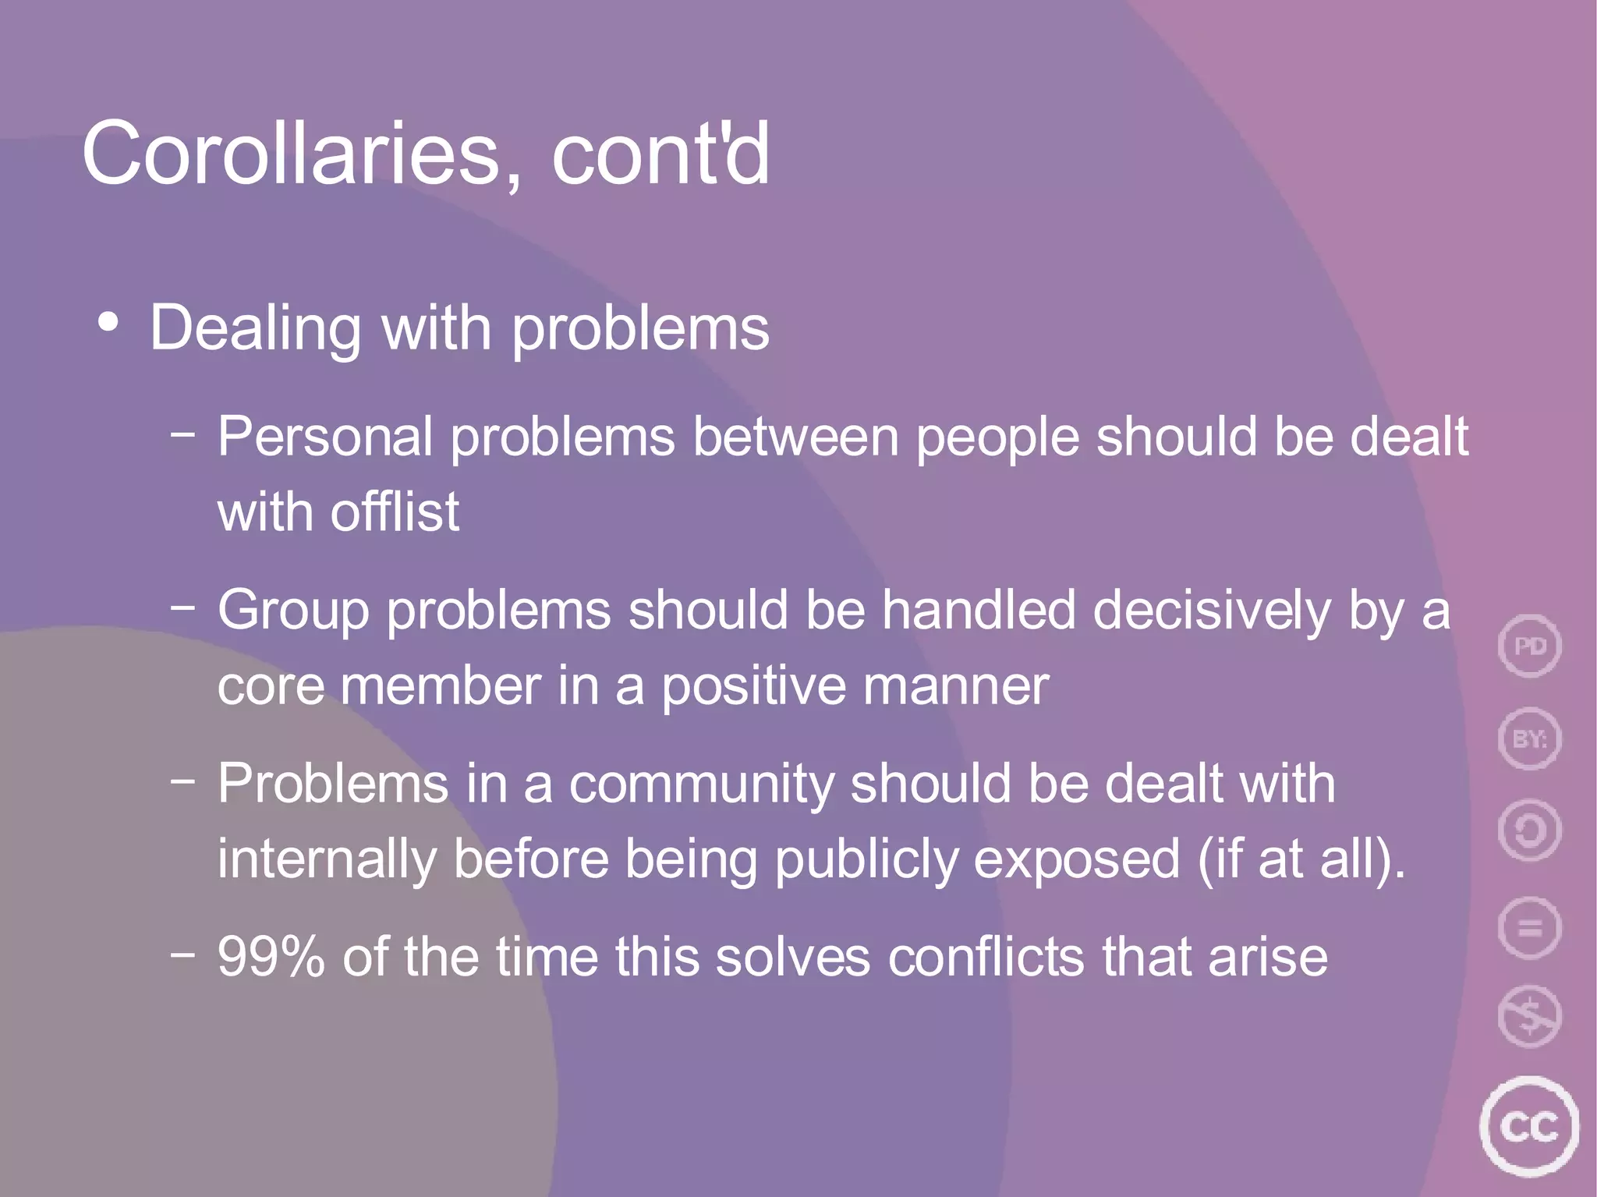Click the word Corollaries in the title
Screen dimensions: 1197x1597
coord(290,154)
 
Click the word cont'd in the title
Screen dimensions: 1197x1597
coord(660,154)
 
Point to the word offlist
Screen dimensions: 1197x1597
coord(395,512)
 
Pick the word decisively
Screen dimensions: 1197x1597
coord(1212,611)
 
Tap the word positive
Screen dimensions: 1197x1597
coord(753,687)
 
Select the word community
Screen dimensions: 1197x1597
coord(702,784)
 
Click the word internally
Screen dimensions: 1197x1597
coord(326,859)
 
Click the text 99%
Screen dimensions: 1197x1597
coord(271,956)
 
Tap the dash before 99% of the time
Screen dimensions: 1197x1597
coord(182,952)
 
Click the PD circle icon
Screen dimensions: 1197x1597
coord(1529,646)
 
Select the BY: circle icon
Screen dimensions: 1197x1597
coord(1529,738)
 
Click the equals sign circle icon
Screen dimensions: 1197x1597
coord(1529,927)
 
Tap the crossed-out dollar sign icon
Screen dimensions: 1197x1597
coord(1529,1016)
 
